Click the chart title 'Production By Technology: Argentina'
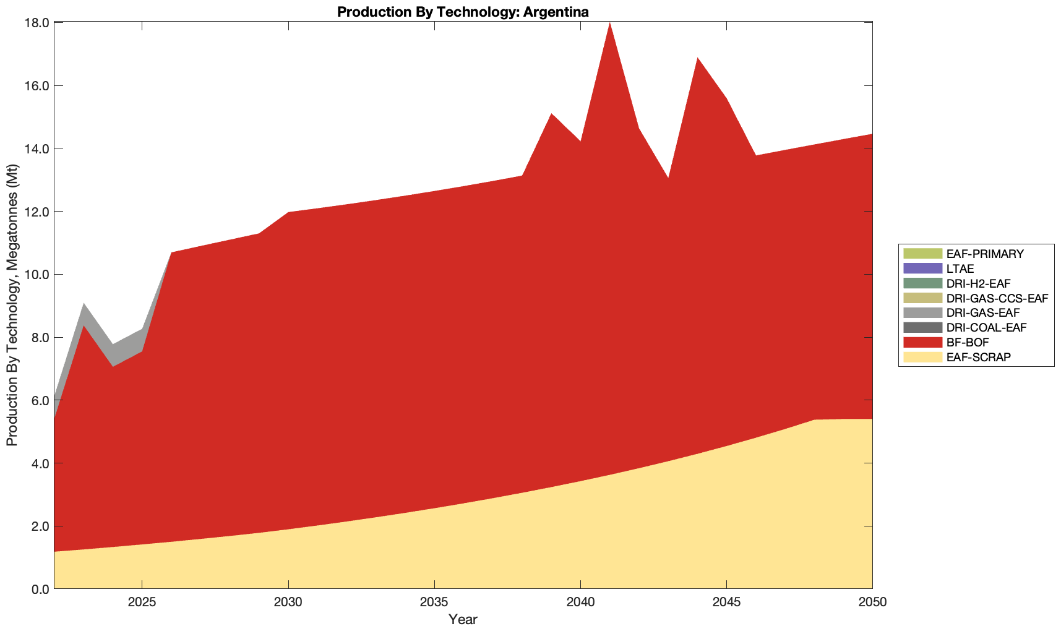(x=463, y=11)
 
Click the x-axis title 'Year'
(x=463, y=619)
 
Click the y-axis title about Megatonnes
(x=12, y=305)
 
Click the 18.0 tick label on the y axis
(x=37, y=23)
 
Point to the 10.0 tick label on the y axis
(x=37, y=275)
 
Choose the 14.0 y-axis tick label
(x=37, y=148)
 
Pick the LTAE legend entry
(x=960, y=268)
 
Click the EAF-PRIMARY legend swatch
(x=922, y=254)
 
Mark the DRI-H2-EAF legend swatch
(x=922, y=283)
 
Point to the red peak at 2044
(x=697, y=59)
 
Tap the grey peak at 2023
(x=84, y=306)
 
